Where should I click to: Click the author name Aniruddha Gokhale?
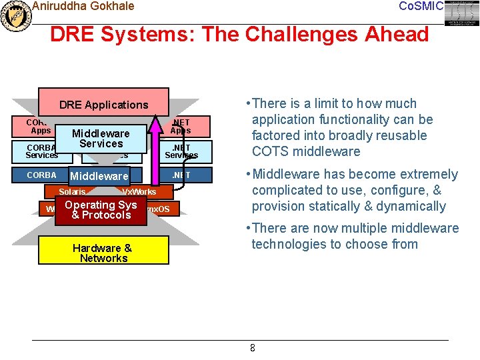tap(83, 6)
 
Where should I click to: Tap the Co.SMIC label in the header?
tap(420, 6)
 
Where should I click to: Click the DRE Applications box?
tap(103, 105)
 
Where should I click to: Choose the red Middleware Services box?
tap(101, 139)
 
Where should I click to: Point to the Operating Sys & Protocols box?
tap(100, 210)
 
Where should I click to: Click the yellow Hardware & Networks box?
tap(102, 253)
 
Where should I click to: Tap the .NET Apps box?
tap(181, 127)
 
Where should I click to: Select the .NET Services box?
tap(181, 151)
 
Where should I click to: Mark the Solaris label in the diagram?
tap(72, 192)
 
